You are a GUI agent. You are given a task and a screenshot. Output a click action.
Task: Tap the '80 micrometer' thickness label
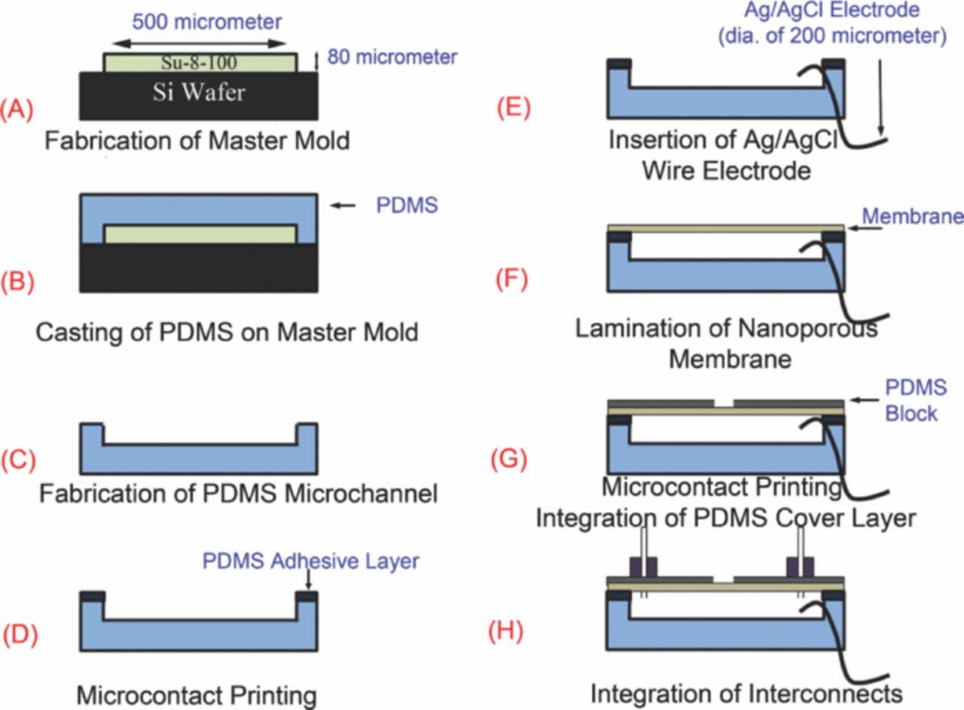tap(392, 57)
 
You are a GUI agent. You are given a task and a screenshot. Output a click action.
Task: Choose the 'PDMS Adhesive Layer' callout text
tap(310, 562)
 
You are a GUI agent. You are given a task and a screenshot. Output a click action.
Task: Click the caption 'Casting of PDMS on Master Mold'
tap(217, 332)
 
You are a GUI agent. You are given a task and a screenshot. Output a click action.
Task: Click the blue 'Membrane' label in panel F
tap(912, 217)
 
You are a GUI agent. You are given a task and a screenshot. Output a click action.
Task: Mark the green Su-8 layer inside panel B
tap(200, 234)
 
